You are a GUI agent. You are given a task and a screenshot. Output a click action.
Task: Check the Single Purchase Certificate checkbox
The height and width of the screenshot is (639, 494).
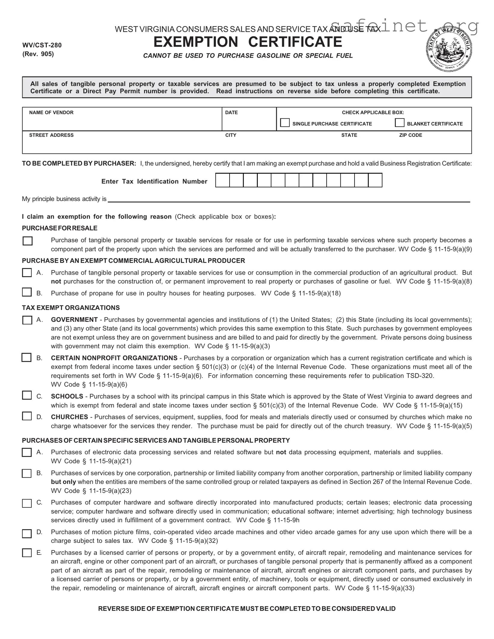pyautogui.click(x=285, y=123)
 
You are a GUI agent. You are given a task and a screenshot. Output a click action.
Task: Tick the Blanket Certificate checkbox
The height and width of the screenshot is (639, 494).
pyautogui.click(x=399, y=123)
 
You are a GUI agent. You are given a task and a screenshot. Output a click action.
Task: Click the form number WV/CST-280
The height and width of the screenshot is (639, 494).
pyautogui.click(x=42, y=45)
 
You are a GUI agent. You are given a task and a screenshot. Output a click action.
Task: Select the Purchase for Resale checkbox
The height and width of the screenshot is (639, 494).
pyautogui.click(x=28, y=241)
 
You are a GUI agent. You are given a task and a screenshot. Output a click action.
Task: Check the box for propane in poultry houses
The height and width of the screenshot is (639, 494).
pyautogui.click(x=27, y=292)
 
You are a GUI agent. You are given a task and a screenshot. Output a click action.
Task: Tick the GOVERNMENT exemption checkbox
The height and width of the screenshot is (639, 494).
pyautogui.click(x=27, y=320)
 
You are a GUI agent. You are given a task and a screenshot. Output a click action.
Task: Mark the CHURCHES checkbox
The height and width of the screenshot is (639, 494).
pyautogui.click(x=27, y=416)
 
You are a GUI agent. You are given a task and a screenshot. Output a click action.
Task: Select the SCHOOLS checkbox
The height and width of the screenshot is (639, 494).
pyautogui.click(x=27, y=395)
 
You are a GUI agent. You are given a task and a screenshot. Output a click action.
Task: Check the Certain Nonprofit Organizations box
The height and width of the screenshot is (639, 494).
pyautogui.click(x=26, y=358)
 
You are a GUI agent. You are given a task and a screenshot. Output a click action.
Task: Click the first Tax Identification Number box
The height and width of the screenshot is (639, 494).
pyautogui.click(x=223, y=180)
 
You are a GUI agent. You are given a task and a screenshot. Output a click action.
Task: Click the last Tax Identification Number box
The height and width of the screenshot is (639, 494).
pyautogui.click(x=375, y=180)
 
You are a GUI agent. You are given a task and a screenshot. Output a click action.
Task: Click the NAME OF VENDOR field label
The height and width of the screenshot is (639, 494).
pyautogui.click(x=51, y=112)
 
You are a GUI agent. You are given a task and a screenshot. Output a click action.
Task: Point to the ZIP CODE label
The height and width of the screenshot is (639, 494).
pyautogui.click(x=410, y=135)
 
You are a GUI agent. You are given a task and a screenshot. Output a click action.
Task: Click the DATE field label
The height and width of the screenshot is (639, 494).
pyautogui.click(x=231, y=112)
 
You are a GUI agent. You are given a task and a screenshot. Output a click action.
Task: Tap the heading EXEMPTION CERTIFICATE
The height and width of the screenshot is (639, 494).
pyautogui.click(x=248, y=42)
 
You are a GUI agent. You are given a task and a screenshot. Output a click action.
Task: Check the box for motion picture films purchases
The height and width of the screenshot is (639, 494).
pyautogui.click(x=27, y=534)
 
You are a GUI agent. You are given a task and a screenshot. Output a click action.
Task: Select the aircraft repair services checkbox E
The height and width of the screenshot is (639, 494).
pyautogui.click(x=27, y=553)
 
